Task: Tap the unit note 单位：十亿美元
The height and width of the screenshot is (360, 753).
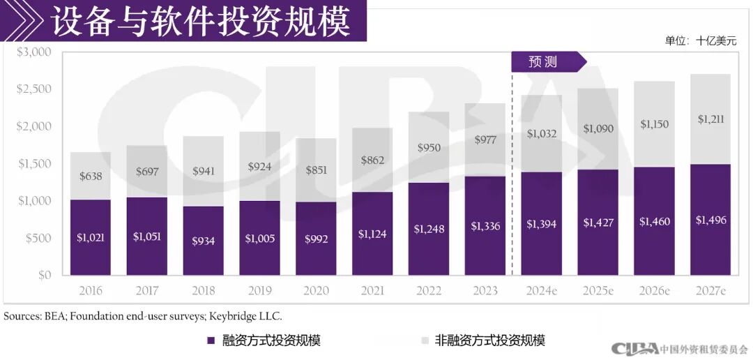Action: [700, 41]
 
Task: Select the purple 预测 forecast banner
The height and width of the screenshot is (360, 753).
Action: [544, 62]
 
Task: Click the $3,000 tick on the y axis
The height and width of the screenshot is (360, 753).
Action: [34, 52]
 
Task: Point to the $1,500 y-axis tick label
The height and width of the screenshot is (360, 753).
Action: [34, 164]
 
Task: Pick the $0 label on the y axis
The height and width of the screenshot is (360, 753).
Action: [44, 276]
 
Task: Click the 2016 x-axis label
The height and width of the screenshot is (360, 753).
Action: [90, 290]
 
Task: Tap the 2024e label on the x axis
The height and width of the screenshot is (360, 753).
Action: [541, 290]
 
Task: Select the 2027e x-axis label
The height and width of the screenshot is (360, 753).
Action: [710, 290]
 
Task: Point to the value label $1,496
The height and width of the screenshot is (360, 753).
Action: [710, 220]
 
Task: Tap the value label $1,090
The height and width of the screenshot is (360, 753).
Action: [598, 129]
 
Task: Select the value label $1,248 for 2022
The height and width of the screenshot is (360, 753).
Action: [428, 229]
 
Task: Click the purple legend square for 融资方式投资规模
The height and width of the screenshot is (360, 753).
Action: [211, 340]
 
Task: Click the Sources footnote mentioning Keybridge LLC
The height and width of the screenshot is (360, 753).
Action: [143, 316]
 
